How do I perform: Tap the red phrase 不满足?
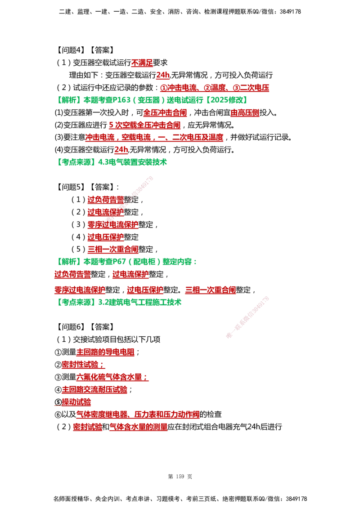pyautogui.click(x=142, y=63)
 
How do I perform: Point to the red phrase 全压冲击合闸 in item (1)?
pyautogui.click(x=165, y=113)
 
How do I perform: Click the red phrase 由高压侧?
pyautogui.click(x=245, y=113)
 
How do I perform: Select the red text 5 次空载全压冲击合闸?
pyautogui.click(x=144, y=125)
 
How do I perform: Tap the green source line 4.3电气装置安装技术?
pyautogui.click(x=132, y=162)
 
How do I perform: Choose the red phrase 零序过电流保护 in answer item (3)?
pyautogui.click(x=113, y=225)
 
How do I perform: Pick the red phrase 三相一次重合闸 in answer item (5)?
pyautogui.click(x=113, y=249)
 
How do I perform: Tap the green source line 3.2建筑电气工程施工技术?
pyautogui.click(x=139, y=302)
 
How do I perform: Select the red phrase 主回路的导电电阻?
pyautogui.click(x=105, y=352)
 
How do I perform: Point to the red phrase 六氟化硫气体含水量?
pyautogui.click(x=109, y=377)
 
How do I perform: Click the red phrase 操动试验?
pyautogui.click(x=76, y=402)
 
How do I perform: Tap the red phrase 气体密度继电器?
pyautogui.click(x=102, y=414)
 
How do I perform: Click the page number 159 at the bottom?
pyautogui.click(x=180, y=477)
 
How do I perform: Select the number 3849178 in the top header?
pyautogui.click(x=290, y=12)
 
